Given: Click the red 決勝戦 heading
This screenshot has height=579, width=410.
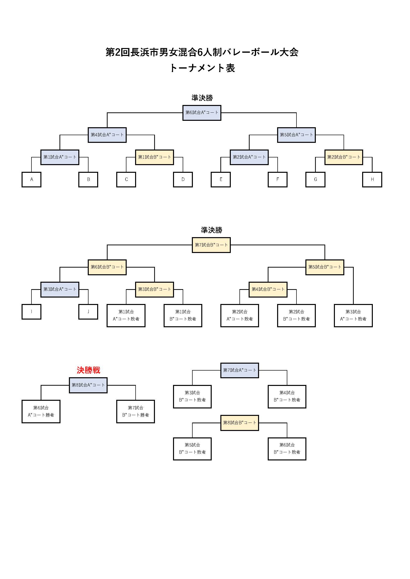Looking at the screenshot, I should tap(88, 370).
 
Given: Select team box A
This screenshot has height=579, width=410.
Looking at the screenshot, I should tap(31, 179).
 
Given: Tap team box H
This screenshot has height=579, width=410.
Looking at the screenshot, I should tap(372, 179).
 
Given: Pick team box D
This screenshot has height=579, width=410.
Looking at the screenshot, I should tap(183, 179).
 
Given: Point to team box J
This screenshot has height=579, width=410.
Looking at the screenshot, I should tap(88, 312).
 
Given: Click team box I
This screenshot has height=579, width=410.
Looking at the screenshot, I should tap(31, 312).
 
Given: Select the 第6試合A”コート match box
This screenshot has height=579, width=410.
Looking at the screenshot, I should tap(202, 113).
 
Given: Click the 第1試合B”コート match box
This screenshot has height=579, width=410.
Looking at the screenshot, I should tap(154, 157).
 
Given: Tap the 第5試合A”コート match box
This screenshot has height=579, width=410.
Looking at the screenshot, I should tap(296, 135).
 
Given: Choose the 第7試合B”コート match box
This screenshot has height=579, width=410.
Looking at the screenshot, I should tap(211, 245).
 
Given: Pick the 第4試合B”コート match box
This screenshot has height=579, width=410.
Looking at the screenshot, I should tap(268, 289).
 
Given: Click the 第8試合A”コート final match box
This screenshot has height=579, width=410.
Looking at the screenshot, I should tap(88, 385).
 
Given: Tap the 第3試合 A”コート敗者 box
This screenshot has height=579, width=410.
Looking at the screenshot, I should tap(353, 315).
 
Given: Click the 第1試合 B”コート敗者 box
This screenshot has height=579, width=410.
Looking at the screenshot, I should tap(183, 315).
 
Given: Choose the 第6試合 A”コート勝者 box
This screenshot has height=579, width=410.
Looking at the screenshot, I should tap(41, 411).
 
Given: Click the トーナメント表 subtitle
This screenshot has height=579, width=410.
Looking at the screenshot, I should tap(202, 68).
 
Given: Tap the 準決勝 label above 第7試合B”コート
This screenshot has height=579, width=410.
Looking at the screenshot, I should tap(211, 230).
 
